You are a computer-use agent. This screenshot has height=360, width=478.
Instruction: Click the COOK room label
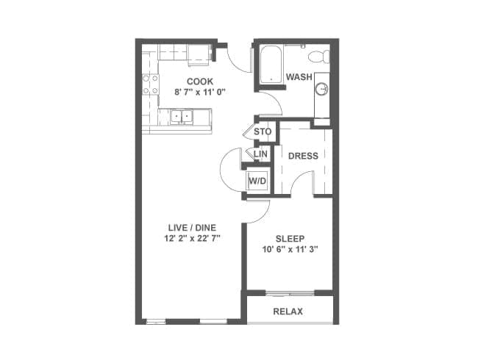point(200,82)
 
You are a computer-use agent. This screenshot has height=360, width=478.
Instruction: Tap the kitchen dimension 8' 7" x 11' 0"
point(200,92)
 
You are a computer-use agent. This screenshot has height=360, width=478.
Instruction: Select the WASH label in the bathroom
point(299,77)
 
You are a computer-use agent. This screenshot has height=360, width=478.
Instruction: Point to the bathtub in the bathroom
point(271,64)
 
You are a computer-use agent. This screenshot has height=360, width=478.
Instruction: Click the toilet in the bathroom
point(319,57)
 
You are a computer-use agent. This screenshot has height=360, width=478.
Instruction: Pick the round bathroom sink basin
point(321,89)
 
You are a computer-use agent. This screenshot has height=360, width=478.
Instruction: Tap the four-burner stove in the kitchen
point(151,84)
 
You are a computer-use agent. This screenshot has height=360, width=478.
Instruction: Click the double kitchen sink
point(182,116)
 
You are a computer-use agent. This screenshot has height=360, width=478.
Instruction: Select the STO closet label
point(263,132)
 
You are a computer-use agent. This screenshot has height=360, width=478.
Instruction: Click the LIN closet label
point(260,154)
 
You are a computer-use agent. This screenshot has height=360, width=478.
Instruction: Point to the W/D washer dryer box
point(257,181)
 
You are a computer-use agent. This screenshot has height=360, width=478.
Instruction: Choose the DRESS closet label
point(303,156)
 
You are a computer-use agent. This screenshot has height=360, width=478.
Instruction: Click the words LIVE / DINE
point(192,228)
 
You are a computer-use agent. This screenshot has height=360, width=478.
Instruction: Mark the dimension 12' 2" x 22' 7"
point(192,238)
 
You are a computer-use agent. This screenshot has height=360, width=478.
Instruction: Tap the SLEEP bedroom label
point(290,239)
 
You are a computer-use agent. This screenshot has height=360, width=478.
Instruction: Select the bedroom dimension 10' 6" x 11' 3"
point(290,250)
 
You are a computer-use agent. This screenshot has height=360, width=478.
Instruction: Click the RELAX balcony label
point(288,312)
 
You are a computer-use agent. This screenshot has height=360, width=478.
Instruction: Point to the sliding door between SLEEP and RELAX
point(290,294)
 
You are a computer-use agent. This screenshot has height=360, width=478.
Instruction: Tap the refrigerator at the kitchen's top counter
point(199,55)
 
